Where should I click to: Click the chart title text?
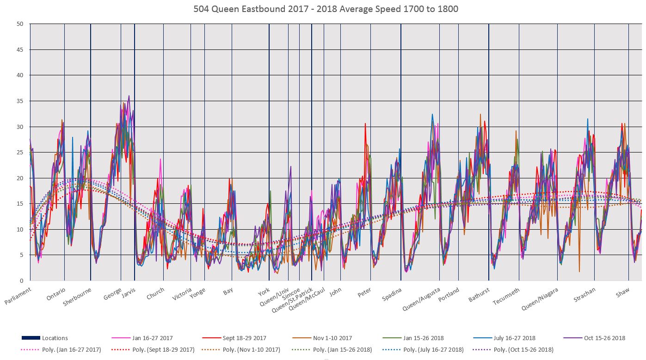tap(323, 8)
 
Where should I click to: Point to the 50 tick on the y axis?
tap(20, 24)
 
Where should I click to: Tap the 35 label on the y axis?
tap(20, 101)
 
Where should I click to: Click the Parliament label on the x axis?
tap(19, 296)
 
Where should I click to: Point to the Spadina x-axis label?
tap(392, 294)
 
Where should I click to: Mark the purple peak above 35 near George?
tap(129, 96)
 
